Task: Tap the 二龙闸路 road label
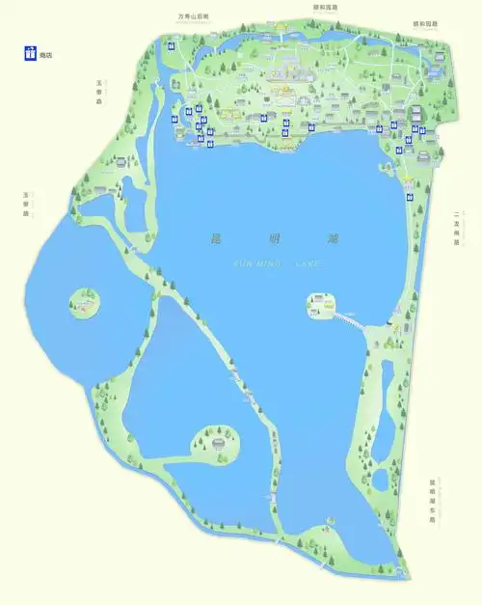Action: coord(456,230)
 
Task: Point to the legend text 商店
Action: coord(45,55)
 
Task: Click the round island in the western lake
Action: coord(85,304)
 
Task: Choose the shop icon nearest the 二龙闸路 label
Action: coord(410,196)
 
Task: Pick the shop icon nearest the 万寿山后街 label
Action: coord(172,45)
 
